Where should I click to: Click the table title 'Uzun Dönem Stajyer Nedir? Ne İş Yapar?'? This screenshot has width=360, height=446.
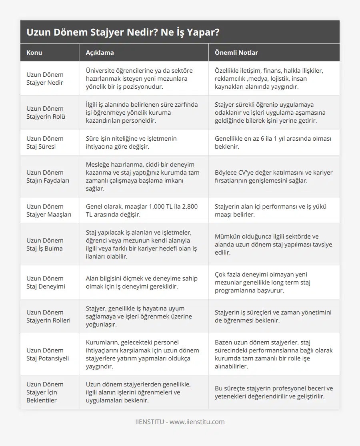(123, 32)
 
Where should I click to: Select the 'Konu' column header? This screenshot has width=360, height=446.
(34, 52)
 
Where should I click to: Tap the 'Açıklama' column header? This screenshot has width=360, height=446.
(100, 52)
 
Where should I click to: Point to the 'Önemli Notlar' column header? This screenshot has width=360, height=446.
(236, 52)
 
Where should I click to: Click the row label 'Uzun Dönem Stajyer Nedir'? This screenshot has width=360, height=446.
(45, 78)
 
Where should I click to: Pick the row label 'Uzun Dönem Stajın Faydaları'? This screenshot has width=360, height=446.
(48, 176)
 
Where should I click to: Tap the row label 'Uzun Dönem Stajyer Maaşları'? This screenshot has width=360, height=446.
(49, 210)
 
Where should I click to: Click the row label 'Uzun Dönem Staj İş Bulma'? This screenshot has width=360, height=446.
(45, 244)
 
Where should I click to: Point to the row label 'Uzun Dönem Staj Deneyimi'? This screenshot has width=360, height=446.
(46, 282)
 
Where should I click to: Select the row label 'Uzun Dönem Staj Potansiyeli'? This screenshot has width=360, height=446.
(48, 354)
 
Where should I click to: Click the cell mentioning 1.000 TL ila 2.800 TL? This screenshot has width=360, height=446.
(142, 210)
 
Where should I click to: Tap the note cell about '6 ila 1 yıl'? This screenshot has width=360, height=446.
(273, 142)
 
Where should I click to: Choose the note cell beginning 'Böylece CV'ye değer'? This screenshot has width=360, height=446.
(274, 176)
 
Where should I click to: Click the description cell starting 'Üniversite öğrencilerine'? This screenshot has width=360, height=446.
(139, 78)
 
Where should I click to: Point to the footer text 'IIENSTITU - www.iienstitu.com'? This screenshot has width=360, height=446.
(180, 422)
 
